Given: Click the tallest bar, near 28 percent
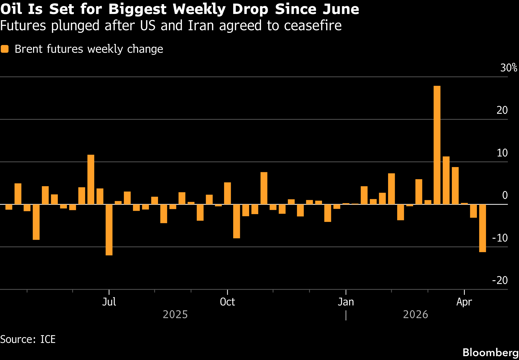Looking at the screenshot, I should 437,145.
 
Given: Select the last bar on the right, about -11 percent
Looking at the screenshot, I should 482,228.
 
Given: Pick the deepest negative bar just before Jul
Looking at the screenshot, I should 109,230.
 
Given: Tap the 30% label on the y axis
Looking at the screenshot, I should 508,68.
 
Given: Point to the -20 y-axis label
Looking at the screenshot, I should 500,280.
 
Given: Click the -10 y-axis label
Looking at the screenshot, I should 500,238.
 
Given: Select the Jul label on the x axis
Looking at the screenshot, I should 109,302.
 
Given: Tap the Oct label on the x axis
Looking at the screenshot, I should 227,302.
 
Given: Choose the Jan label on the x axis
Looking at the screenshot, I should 346,302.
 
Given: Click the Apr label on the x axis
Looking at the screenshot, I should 464,302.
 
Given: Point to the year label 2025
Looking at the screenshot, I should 175,314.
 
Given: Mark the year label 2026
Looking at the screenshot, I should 415,314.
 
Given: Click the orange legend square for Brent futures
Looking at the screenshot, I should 5,49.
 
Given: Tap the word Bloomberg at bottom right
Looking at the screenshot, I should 490,352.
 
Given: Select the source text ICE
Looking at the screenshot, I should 48,339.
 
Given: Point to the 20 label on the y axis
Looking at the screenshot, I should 502,110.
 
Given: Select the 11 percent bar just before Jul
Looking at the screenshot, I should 91,179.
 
